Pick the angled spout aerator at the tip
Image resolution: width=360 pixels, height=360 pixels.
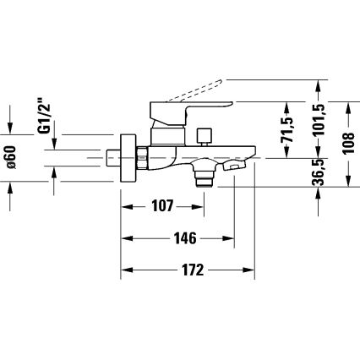tap(232, 169)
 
